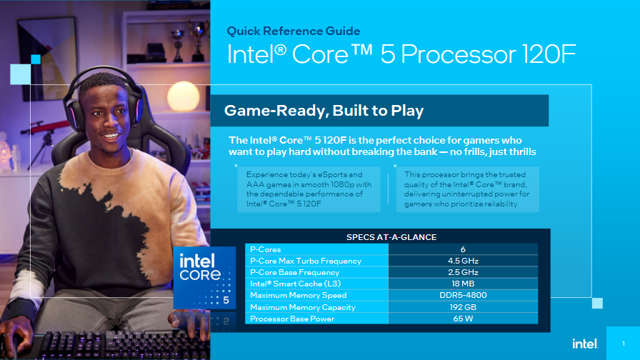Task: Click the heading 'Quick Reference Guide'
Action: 294,31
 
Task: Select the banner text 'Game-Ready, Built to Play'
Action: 324,111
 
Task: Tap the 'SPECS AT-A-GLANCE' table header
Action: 391,237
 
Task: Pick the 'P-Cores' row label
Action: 266,249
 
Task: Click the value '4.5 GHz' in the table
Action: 463,261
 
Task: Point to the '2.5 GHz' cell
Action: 463,272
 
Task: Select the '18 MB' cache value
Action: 463,284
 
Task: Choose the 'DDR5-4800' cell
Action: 463,295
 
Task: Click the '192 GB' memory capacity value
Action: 463,307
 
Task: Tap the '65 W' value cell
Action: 463,319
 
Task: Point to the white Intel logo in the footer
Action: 584,344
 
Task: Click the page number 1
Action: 623,344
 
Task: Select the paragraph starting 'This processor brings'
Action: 466,189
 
